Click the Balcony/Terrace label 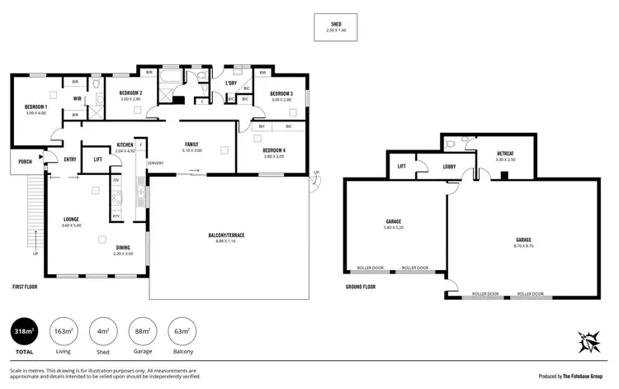point(225,237)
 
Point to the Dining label point(122,249)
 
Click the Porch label point(25,162)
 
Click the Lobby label point(449,167)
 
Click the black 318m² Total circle point(26,334)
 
